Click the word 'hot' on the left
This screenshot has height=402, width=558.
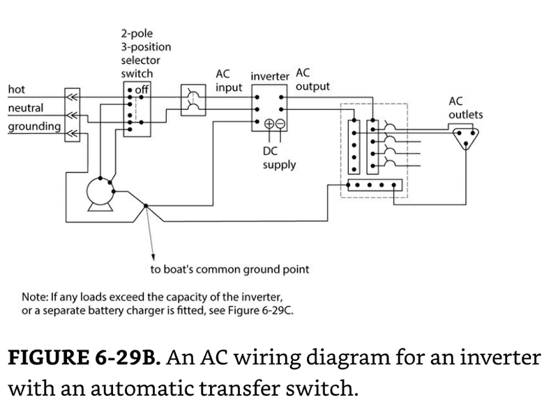tap(15, 89)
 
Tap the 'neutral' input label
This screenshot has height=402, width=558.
tap(25, 108)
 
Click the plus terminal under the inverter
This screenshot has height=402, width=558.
tap(269, 124)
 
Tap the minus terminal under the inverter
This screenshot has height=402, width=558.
tap(280, 124)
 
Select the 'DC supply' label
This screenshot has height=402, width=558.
tap(279, 158)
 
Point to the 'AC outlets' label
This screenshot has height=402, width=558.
tap(465, 107)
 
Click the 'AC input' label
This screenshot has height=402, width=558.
tap(229, 82)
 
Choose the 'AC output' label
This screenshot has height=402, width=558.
tap(312, 80)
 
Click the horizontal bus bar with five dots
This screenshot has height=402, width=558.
tap(375, 186)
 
